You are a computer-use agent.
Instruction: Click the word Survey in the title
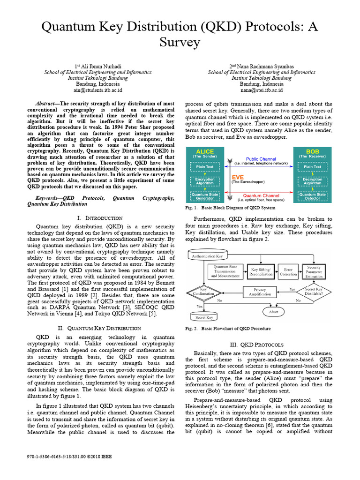click(180, 43)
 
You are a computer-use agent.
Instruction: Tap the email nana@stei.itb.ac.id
click(262, 90)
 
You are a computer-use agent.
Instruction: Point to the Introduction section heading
click(99, 218)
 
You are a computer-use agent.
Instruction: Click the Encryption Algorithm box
click(204, 181)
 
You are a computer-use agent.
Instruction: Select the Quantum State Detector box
click(313, 196)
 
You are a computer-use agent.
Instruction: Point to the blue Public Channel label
click(261, 159)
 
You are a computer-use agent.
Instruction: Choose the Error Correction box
click(288, 272)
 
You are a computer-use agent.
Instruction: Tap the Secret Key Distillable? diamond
click(314, 292)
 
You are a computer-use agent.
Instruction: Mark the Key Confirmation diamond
click(203, 292)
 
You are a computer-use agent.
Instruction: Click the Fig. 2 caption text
click(228, 329)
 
